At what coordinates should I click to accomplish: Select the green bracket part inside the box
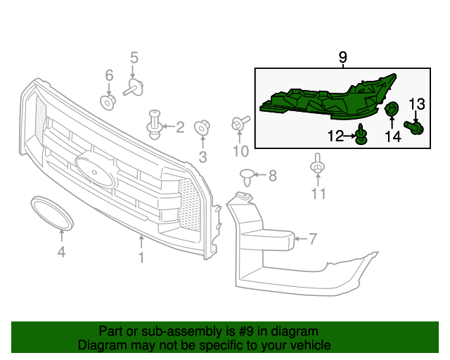tap(323, 98)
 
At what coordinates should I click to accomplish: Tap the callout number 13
tap(417, 105)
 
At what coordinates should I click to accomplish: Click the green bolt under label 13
tap(414, 128)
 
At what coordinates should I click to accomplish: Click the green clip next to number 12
tap(361, 135)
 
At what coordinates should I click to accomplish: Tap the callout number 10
tap(240, 151)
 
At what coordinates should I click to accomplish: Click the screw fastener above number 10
tap(239, 124)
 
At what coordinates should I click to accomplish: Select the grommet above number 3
tap(202, 128)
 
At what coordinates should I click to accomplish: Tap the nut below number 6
tap(108, 102)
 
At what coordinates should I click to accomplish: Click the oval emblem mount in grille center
tap(96, 171)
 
